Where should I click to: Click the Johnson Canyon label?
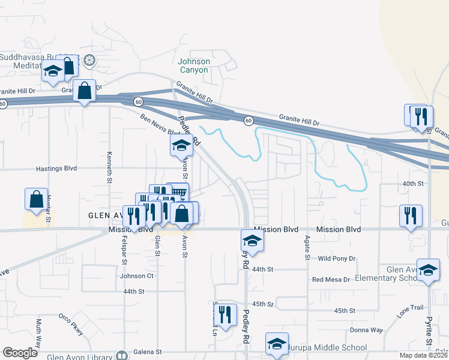pos(193,65)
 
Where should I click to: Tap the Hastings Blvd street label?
pos(56,169)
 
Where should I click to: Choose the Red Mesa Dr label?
pos(331,280)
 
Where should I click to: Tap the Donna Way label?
pos(367,330)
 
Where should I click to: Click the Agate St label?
pos(307,247)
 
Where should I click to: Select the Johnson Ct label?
pos(137,276)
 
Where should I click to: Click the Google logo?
pos(20,353)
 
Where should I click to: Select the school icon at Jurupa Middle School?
pos(277,343)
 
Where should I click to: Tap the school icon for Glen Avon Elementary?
pos(429,270)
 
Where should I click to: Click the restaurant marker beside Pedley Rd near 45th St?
pos(224,314)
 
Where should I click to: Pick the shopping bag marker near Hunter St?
pos(36,199)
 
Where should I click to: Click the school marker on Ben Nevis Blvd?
pos(181,145)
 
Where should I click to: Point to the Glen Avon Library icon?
pos(123,355)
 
